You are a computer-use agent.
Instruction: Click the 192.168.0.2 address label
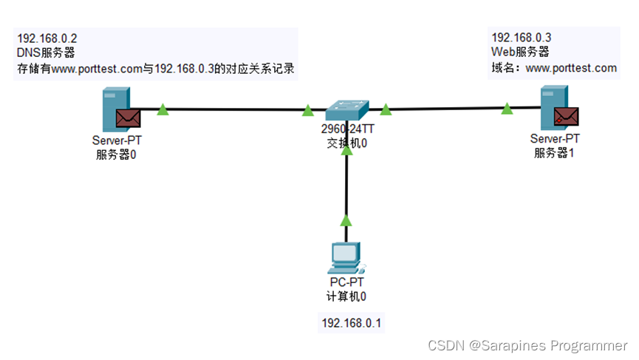47,38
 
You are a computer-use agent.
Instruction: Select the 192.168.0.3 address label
522,37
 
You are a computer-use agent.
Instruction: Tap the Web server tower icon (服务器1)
550,106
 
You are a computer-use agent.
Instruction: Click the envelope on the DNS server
128,117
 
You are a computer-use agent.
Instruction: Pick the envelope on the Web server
567,116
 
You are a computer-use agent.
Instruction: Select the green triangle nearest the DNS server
163,110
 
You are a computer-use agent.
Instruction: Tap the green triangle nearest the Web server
506,109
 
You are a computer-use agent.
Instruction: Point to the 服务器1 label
555,153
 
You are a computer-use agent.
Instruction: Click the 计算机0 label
346,297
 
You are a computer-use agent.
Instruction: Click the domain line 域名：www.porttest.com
554,68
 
